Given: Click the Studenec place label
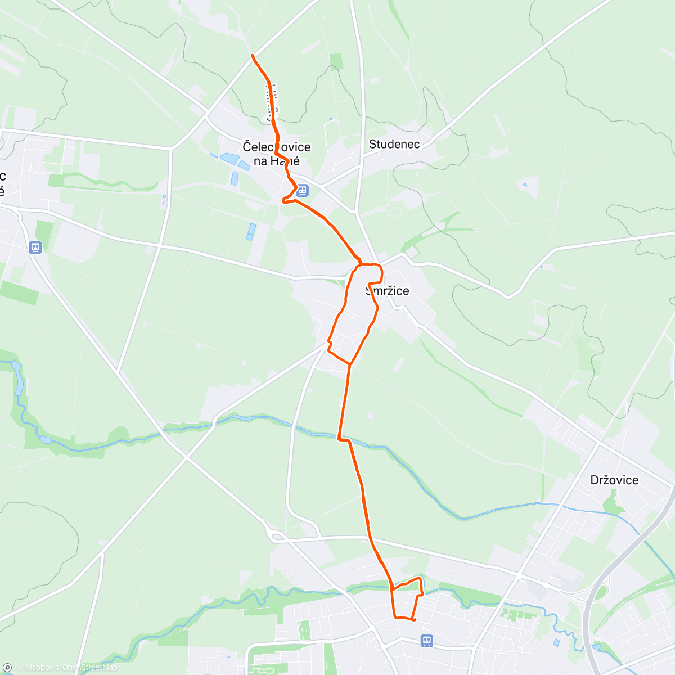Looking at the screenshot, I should pos(394,144).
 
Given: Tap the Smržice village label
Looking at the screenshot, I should pos(388,291).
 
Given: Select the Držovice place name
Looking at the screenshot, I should pos(614,480).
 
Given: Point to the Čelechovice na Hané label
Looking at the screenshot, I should pos(276,154).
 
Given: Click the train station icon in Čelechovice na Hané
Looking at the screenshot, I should pos(303,190).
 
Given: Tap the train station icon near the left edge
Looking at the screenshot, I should pos(35,247).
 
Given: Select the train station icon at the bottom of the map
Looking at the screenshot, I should pos(427,640).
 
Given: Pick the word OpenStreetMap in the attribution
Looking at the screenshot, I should pos(90,668).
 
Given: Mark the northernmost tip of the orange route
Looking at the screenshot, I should pos(253,55).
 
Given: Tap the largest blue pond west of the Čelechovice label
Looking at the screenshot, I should pos(229,159).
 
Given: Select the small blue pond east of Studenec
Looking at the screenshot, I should pos(525,184).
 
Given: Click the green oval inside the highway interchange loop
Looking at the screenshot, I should pos(601,592).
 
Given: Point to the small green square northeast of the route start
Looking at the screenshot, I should pos(336,61).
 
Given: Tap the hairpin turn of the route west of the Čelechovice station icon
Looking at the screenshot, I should pos(283,200).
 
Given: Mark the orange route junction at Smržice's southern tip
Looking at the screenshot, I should pos(350,364).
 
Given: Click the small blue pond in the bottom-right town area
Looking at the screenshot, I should pos(556,642).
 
